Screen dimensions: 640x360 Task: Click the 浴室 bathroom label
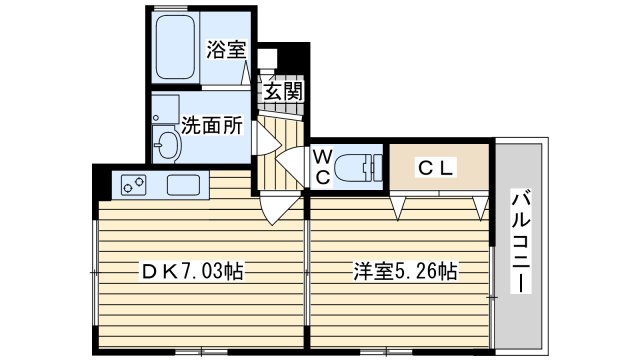click(x=226, y=49)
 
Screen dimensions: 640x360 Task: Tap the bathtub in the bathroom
click(x=175, y=47)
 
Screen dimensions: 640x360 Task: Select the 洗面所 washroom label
click(x=212, y=125)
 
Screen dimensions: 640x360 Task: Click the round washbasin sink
click(x=167, y=145)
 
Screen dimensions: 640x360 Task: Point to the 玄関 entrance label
click(x=283, y=91)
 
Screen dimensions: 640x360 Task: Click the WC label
click(x=322, y=167)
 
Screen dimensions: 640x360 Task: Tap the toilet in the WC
click(x=358, y=167)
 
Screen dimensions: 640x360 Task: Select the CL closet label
click(x=436, y=168)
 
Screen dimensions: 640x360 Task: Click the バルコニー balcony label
click(x=521, y=241)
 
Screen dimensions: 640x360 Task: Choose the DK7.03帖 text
click(x=192, y=271)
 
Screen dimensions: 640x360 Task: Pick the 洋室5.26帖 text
click(x=405, y=271)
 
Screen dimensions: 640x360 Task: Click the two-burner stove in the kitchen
click(x=134, y=184)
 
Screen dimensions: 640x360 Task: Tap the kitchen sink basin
click(x=184, y=185)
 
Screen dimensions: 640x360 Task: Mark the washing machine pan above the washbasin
click(x=165, y=109)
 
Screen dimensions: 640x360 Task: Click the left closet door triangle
click(x=398, y=207)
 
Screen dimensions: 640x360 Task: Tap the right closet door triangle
click(x=482, y=207)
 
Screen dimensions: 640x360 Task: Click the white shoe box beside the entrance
click(x=268, y=58)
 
